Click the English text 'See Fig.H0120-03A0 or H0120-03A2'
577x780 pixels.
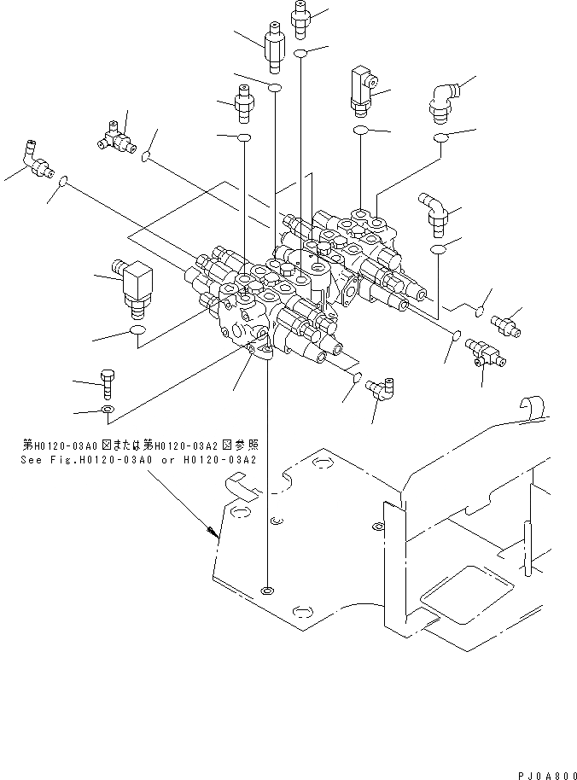139,460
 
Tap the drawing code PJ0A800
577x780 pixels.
546,775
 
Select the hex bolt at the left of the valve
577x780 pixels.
108,384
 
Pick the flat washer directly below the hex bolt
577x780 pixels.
108,410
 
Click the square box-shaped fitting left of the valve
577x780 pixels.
133,288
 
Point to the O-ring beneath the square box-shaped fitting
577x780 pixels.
137,329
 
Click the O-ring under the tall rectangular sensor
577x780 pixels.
360,131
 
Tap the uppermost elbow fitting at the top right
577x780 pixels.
445,103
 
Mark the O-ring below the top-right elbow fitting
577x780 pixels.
440,137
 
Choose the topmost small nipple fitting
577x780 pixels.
300,19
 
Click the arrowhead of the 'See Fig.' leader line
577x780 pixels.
213,532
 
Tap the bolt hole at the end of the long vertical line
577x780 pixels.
267,591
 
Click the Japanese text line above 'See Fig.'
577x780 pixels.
140,445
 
